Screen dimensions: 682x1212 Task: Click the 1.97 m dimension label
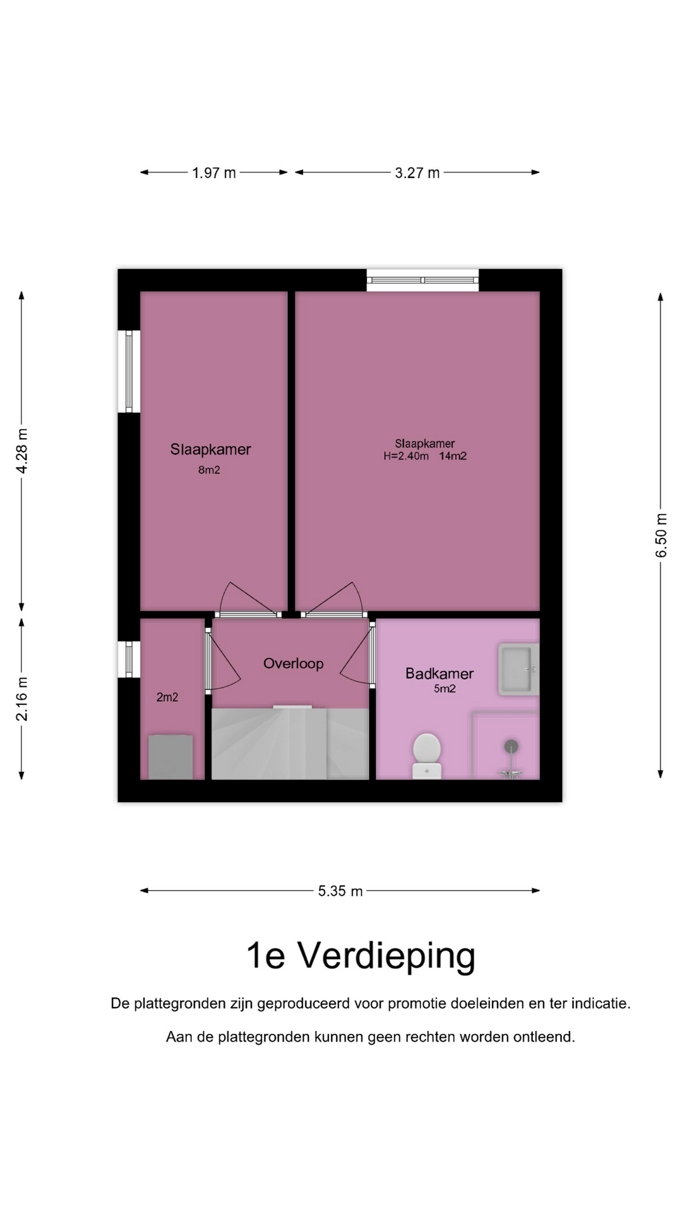214,173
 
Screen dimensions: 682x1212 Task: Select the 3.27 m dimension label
417,173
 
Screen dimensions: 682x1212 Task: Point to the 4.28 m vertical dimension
22,451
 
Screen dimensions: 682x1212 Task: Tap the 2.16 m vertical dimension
22,699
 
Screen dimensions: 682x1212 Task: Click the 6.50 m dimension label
661,535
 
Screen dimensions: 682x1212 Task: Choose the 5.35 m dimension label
340,891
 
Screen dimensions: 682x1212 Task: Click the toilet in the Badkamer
427,756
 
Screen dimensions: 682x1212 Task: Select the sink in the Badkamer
518,669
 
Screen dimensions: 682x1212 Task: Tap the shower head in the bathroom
512,747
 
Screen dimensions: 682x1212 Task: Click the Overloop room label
294,663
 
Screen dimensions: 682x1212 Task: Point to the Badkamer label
440,674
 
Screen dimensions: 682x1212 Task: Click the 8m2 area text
209,470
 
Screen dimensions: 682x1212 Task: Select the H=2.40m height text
406,456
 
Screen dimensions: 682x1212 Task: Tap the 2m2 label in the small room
167,697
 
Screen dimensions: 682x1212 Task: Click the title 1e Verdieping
361,956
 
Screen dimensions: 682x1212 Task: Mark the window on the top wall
422,280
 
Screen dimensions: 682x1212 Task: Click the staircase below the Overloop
290,743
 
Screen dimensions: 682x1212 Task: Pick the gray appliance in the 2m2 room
170,757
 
